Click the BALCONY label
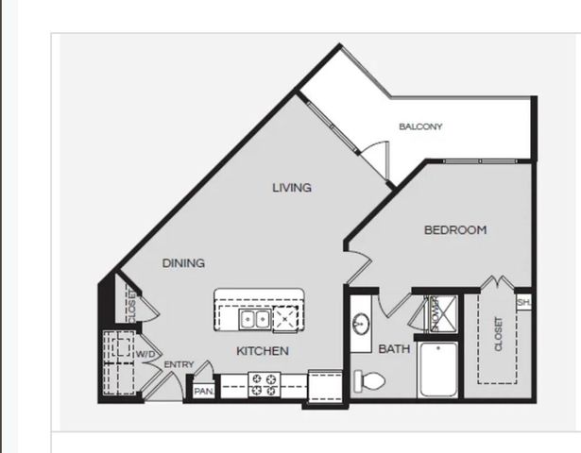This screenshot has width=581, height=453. (x=420, y=126)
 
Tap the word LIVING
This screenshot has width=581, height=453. (x=292, y=188)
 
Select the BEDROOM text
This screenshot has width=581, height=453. (x=454, y=230)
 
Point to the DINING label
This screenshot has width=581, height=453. (x=183, y=263)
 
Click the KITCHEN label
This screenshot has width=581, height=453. (x=262, y=351)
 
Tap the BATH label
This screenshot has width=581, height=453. (x=394, y=349)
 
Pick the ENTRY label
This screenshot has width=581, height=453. (x=179, y=364)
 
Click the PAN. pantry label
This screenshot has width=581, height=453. (x=203, y=390)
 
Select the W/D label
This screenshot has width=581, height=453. (x=145, y=354)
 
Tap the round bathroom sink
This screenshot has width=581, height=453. (x=361, y=324)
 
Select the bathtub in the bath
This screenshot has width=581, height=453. (x=438, y=371)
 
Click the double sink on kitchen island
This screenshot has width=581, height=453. (x=254, y=320)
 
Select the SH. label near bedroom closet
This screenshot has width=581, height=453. (x=523, y=303)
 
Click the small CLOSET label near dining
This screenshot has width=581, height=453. (x=131, y=305)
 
